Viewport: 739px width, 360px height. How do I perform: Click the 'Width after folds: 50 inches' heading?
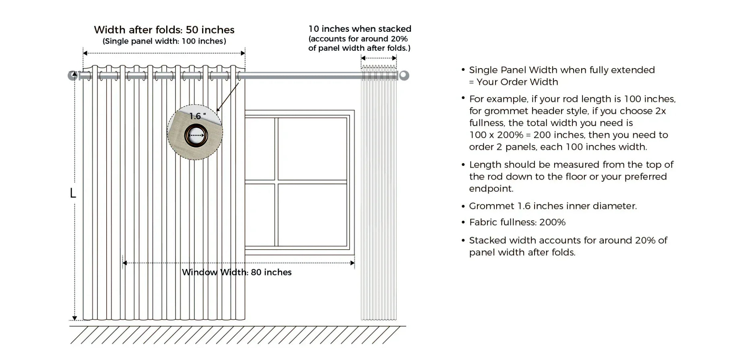click(x=164, y=30)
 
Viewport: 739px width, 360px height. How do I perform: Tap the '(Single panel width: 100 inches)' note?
click(x=164, y=41)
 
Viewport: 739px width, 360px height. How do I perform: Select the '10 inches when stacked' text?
click(x=360, y=29)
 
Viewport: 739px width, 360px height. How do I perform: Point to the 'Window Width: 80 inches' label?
click(x=237, y=272)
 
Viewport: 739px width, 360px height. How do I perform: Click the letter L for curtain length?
click(x=73, y=193)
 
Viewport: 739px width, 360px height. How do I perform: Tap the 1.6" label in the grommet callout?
click(x=197, y=116)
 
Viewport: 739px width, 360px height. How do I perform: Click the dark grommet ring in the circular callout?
click(x=196, y=135)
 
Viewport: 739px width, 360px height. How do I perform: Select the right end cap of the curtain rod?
click(x=404, y=75)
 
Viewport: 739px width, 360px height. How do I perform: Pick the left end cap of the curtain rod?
click(x=73, y=75)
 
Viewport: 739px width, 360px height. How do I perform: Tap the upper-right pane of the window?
click(x=312, y=149)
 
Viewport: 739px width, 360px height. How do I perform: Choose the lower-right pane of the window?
click(x=312, y=215)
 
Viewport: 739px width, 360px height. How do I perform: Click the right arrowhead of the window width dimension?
click(x=353, y=263)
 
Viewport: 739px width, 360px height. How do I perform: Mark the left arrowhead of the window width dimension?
click(x=125, y=263)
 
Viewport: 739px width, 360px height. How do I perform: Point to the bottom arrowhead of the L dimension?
click(x=74, y=318)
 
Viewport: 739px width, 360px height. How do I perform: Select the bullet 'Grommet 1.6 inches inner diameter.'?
click(x=553, y=206)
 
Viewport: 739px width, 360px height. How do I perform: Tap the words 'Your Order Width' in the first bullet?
click(x=517, y=82)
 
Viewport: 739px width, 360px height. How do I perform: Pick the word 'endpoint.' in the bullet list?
click(x=491, y=189)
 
